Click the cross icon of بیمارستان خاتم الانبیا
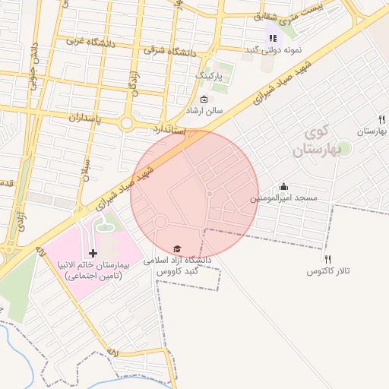93,252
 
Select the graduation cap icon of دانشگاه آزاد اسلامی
177,248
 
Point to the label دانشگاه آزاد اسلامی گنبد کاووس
182,264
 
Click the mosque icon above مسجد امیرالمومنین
284,186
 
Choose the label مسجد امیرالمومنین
283,198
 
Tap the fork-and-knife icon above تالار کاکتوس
328,259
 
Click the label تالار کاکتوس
328,270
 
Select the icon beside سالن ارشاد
203,100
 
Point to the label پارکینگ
210,77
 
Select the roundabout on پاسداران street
126,122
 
